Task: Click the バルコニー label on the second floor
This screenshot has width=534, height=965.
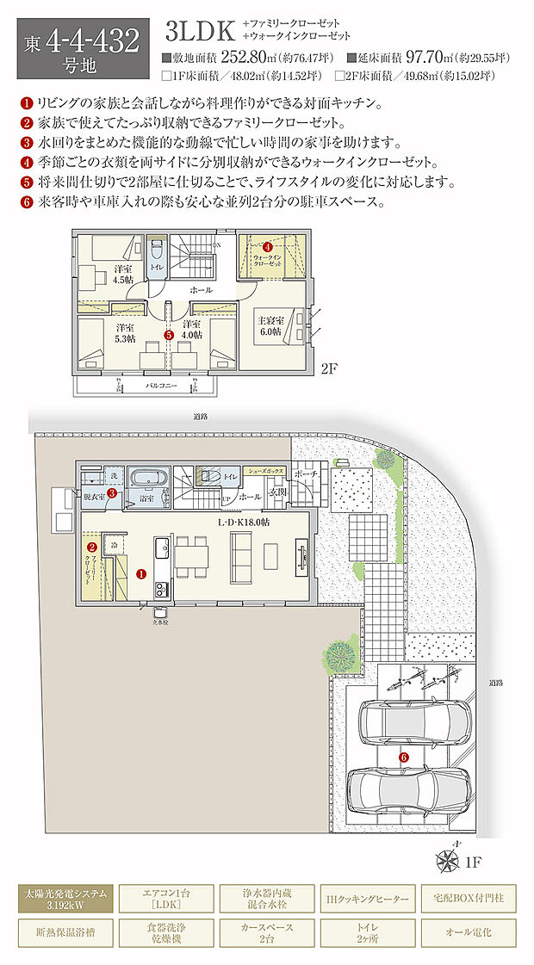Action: (x=161, y=387)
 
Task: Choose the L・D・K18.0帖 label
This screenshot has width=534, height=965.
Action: (x=244, y=523)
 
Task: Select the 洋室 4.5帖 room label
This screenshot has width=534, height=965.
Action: (x=122, y=274)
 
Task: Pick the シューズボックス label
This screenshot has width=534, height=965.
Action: (x=264, y=472)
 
